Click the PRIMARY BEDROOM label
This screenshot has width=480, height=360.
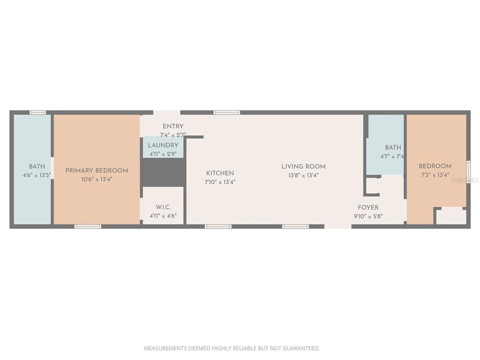point(97,171)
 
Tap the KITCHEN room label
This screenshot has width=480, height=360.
point(220,173)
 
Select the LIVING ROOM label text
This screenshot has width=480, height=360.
point(303,166)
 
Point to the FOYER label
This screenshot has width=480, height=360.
point(368,208)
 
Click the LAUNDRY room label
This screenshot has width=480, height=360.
point(163,145)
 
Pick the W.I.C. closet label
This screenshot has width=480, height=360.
point(163,207)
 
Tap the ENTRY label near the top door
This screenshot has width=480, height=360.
point(173,127)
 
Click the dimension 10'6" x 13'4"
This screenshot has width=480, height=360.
point(97,179)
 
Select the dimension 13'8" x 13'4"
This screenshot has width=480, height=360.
point(303,175)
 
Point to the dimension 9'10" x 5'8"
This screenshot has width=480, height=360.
point(368,216)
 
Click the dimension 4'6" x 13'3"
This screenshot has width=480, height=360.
point(37,175)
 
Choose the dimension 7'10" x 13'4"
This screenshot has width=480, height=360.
point(220,182)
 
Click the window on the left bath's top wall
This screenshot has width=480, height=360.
point(38,112)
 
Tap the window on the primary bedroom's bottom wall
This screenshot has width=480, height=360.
point(88,226)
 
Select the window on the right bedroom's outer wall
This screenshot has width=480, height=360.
point(468,172)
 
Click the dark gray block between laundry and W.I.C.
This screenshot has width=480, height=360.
point(163,172)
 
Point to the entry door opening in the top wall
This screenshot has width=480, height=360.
point(166,112)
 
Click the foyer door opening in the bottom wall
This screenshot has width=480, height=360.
point(338,226)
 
